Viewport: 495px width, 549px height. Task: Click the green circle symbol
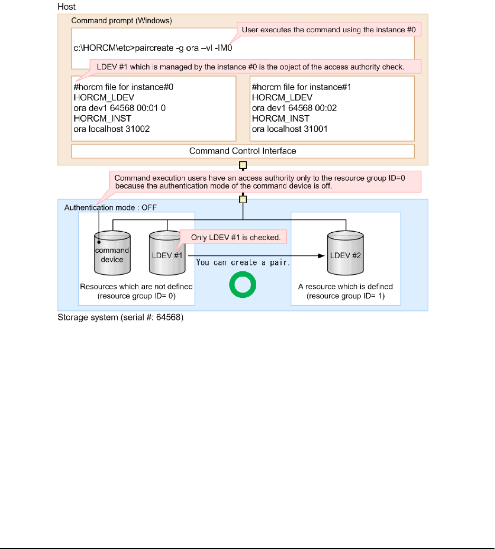[242, 285]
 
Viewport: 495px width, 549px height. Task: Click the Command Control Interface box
[242, 151]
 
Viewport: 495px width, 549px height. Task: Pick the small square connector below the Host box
[242, 165]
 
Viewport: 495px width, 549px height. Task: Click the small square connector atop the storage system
[242, 199]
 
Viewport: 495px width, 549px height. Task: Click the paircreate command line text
[153, 48]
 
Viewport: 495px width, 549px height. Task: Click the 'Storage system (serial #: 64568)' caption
[120, 319]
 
